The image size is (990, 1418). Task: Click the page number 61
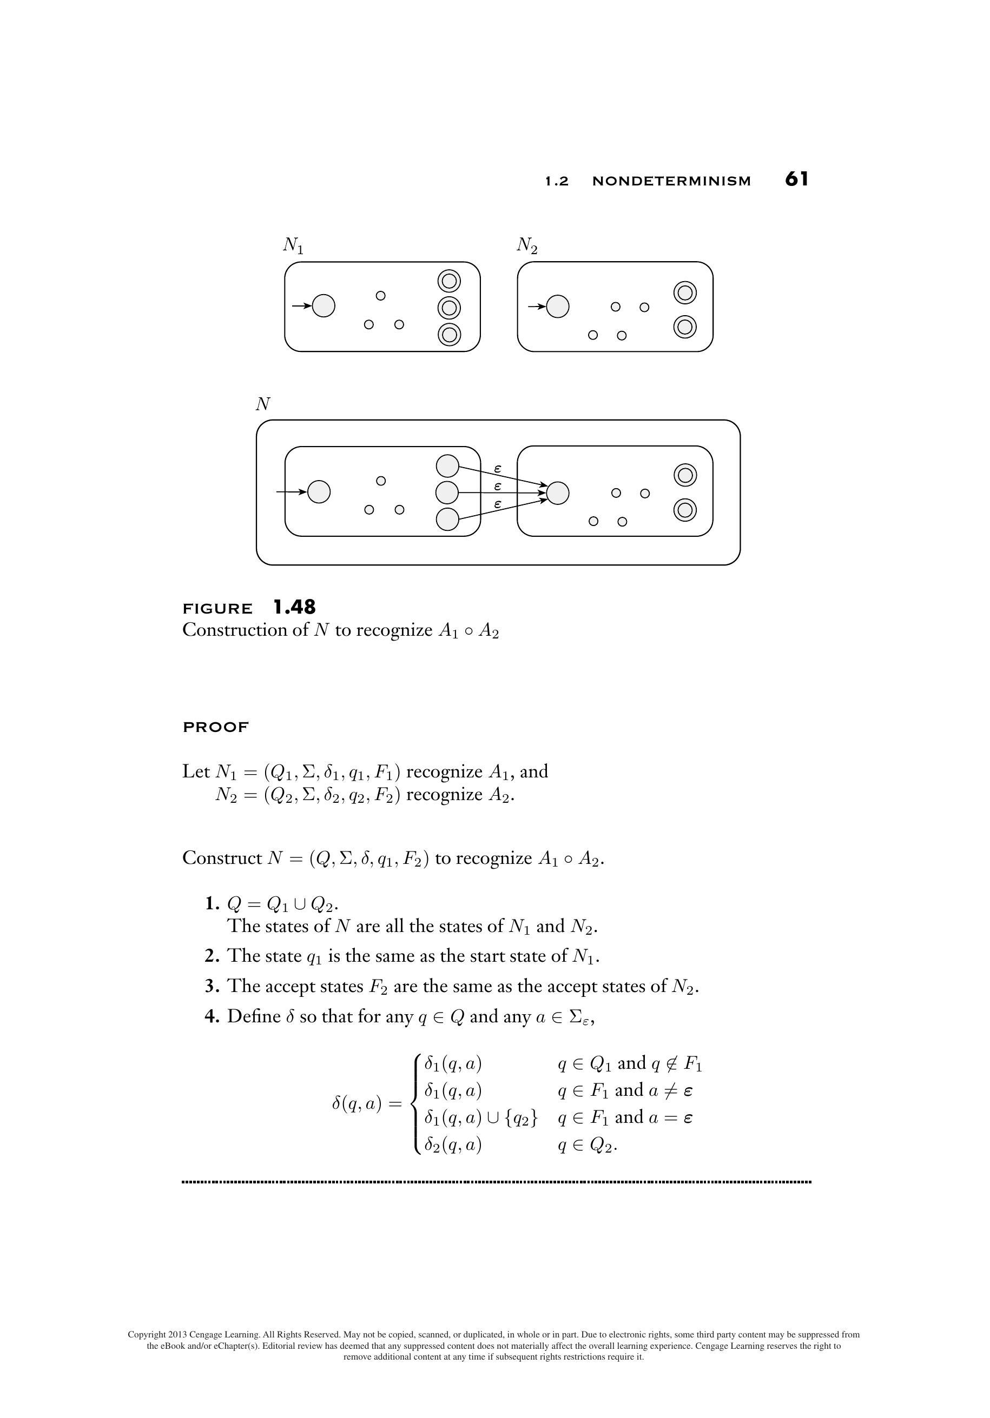[796, 179]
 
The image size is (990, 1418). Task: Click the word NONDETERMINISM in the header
[671, 181]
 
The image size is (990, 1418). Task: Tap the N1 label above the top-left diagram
[293, 246]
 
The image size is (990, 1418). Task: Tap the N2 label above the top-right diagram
[526, 246]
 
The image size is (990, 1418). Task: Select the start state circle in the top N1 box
[324, 305]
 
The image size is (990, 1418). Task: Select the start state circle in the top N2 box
[557, 305]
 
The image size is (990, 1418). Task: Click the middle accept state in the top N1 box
[449, 307]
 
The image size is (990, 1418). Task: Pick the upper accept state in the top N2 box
[685, 292]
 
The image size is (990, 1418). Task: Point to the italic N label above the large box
[262, 404]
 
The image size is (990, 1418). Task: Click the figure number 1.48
[294, 607]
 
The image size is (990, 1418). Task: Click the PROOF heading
[216, 727]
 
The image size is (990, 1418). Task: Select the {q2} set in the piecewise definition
[522, 1118]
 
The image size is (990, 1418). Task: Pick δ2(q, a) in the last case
[452, 1145]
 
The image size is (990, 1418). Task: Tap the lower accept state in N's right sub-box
[685, 510]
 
